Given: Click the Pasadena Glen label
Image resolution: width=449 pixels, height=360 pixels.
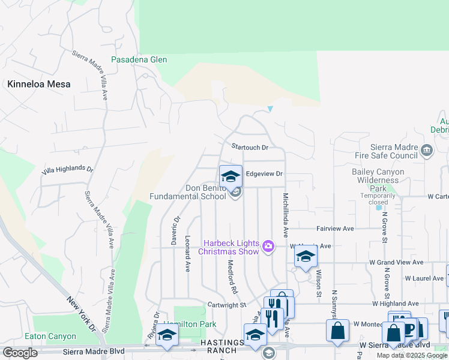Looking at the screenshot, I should click(139, 60).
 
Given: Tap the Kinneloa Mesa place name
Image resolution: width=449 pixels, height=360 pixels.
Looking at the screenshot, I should click(39, 84).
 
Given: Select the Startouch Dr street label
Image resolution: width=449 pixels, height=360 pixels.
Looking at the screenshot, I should click(250, 147).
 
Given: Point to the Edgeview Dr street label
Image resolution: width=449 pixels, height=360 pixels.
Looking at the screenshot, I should click(264, 174).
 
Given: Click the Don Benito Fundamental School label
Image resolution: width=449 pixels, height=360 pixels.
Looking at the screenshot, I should click(188, 192).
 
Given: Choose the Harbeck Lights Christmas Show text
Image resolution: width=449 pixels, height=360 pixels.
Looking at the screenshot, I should click(231, 247).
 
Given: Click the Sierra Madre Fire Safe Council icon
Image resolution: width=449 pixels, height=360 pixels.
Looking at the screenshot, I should click(427, 150).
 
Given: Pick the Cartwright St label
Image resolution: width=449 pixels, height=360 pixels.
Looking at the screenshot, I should click(228, 305).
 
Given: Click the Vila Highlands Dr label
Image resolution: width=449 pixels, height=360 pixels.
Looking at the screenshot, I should click(68, 170).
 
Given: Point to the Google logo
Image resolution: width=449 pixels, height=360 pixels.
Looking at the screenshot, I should click(20, 353).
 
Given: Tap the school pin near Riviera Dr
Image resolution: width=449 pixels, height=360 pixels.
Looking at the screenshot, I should click(167, 336).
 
